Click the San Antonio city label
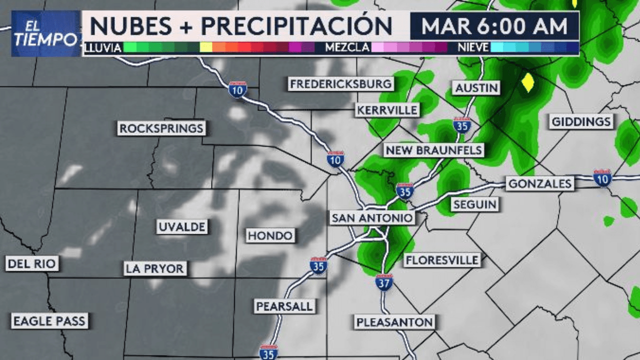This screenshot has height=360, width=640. pos(372,218)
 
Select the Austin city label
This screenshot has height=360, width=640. pos(476,88)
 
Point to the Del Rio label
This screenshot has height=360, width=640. pos(32,263)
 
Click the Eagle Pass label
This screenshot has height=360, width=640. pos(49,321)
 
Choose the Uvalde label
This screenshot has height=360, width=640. pos(181,227)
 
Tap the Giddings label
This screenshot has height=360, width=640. pos(581,121)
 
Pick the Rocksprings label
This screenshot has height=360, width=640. pos(161,128)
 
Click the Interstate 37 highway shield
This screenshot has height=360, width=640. pos(384,282)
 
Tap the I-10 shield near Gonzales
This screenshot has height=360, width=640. pos(602,177)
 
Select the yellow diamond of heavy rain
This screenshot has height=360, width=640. pos(527,82)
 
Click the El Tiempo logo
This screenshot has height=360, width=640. pos(46,33)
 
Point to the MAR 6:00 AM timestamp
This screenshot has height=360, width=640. pos(494,26)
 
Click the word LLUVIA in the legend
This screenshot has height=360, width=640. pos(103,48)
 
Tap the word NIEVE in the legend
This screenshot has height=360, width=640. pos(473,48)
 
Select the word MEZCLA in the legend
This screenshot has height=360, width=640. pos(347,48)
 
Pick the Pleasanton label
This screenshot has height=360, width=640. pos(395,322)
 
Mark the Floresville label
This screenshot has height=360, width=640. pos(442,260)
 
